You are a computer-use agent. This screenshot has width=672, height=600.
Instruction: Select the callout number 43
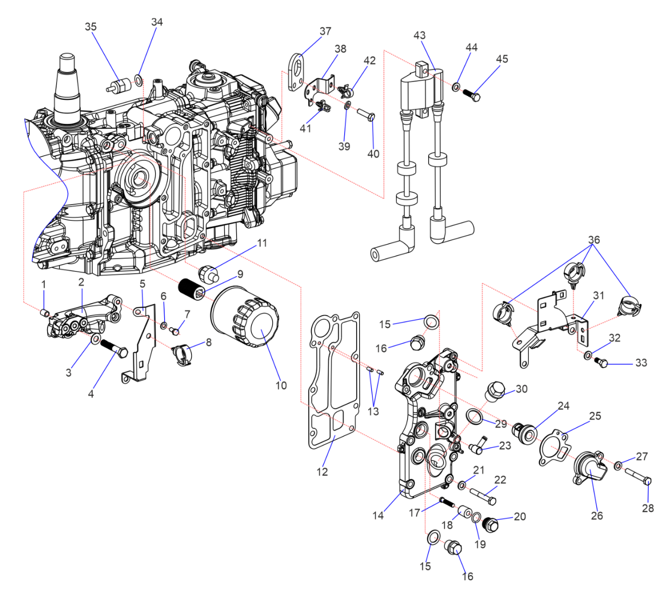(419, 36)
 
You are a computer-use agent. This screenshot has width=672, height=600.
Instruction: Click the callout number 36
(594, 240)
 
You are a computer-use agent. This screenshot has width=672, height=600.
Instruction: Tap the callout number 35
(91, 27)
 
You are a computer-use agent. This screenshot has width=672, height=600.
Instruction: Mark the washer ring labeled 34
(138, 80)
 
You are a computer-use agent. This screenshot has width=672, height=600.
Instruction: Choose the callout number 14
(378, 515)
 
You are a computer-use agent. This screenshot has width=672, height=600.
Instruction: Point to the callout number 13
(373, 412)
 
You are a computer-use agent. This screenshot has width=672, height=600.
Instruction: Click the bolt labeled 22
(482, 496)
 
